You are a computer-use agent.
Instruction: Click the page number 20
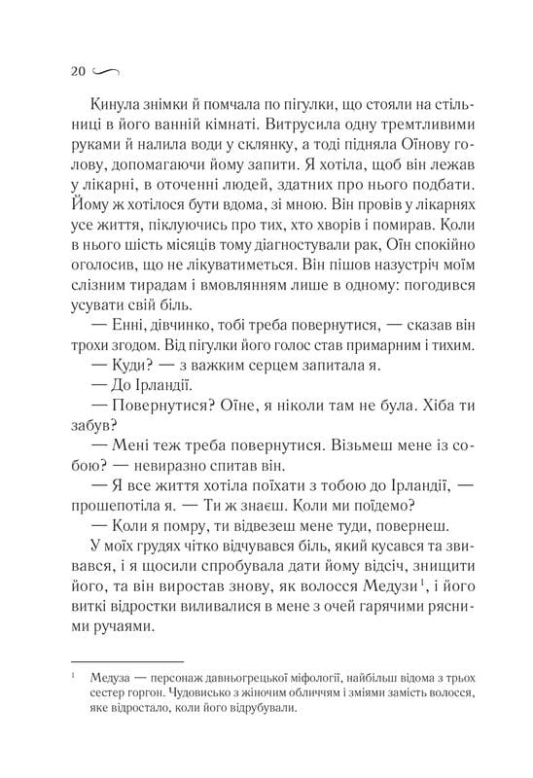[x=80, y=71]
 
